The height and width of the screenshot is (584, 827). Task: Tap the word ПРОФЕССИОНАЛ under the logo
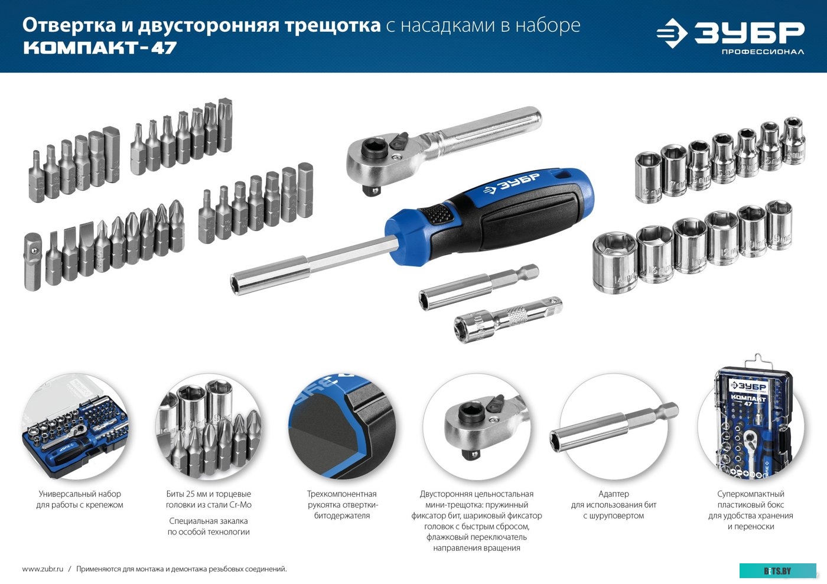point(762,52)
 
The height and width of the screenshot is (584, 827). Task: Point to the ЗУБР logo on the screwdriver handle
point(512,184)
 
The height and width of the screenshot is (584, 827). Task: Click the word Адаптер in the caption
point(613,494)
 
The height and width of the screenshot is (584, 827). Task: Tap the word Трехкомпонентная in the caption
point(341,494)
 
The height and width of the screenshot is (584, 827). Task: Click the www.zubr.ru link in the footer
point(43,569)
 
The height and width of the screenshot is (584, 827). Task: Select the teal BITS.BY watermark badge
point(777,570)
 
